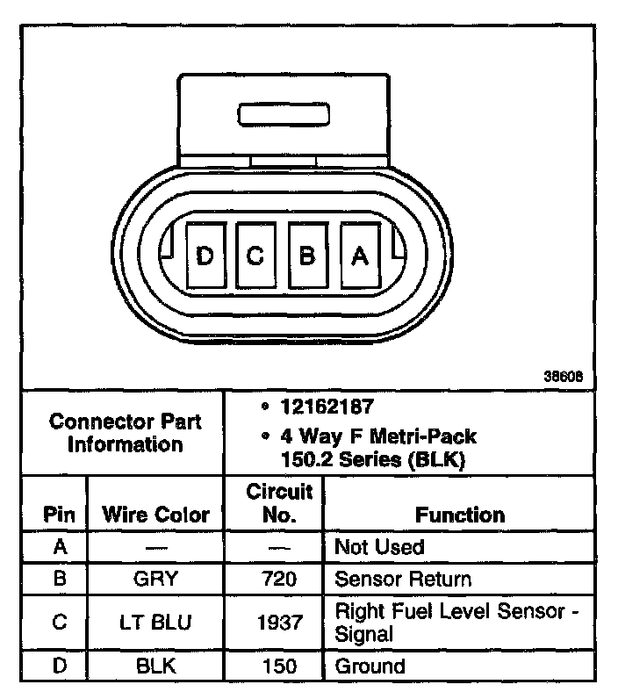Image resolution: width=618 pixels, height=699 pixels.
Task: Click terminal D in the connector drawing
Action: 205,255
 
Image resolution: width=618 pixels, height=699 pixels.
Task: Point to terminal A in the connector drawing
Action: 359,255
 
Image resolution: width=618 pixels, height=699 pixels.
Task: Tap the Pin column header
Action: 59,515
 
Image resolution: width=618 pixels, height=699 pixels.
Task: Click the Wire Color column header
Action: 156,515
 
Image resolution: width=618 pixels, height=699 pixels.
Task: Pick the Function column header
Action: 460,515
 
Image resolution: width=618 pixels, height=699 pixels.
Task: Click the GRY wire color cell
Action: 156,580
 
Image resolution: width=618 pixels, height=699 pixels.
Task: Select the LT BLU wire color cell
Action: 156,622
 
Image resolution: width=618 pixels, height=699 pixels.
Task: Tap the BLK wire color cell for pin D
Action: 156,666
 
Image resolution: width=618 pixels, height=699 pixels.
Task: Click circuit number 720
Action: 280,580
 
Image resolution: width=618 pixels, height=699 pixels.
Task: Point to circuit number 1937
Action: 280,622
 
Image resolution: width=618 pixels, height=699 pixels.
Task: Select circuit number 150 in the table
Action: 280,666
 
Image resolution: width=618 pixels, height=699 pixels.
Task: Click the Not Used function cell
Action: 379,547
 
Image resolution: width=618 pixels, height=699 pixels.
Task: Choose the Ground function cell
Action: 370,666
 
